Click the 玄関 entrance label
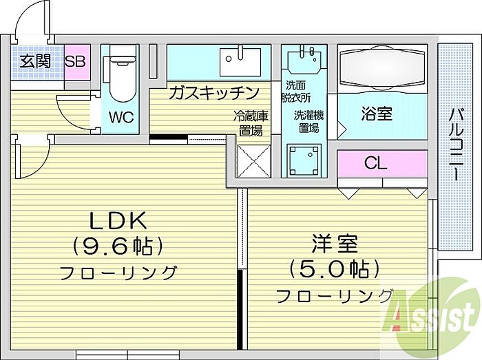pyautogui.click(x=35, y=61)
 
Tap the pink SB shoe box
pyautogui.click(x=75, y=61)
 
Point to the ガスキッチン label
pyautogui.click(x=213, y=92)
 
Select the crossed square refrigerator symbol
pyautogui.click(x=249, y=166)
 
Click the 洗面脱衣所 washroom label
pyautogui.click(x=297, y=91)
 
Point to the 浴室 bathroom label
pyautogui.click(x=376, y=114)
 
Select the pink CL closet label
pyautogui.click(x=376, y=163)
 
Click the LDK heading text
pyautogui.click(x=118, y=221)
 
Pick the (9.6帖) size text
pyautogui.click(x=118, y=245)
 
